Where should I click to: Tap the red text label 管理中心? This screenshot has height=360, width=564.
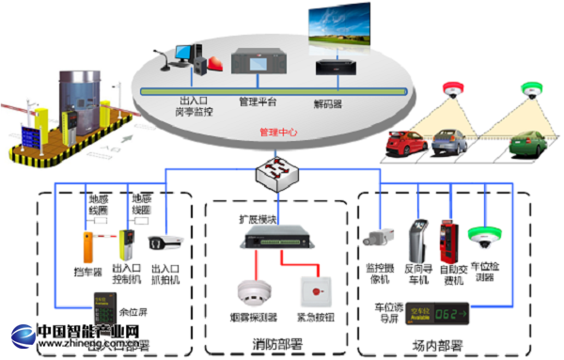coord(276,133)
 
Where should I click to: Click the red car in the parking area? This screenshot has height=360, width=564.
coord(406,144)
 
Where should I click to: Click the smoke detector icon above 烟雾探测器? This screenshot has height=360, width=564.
coord(251,289)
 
